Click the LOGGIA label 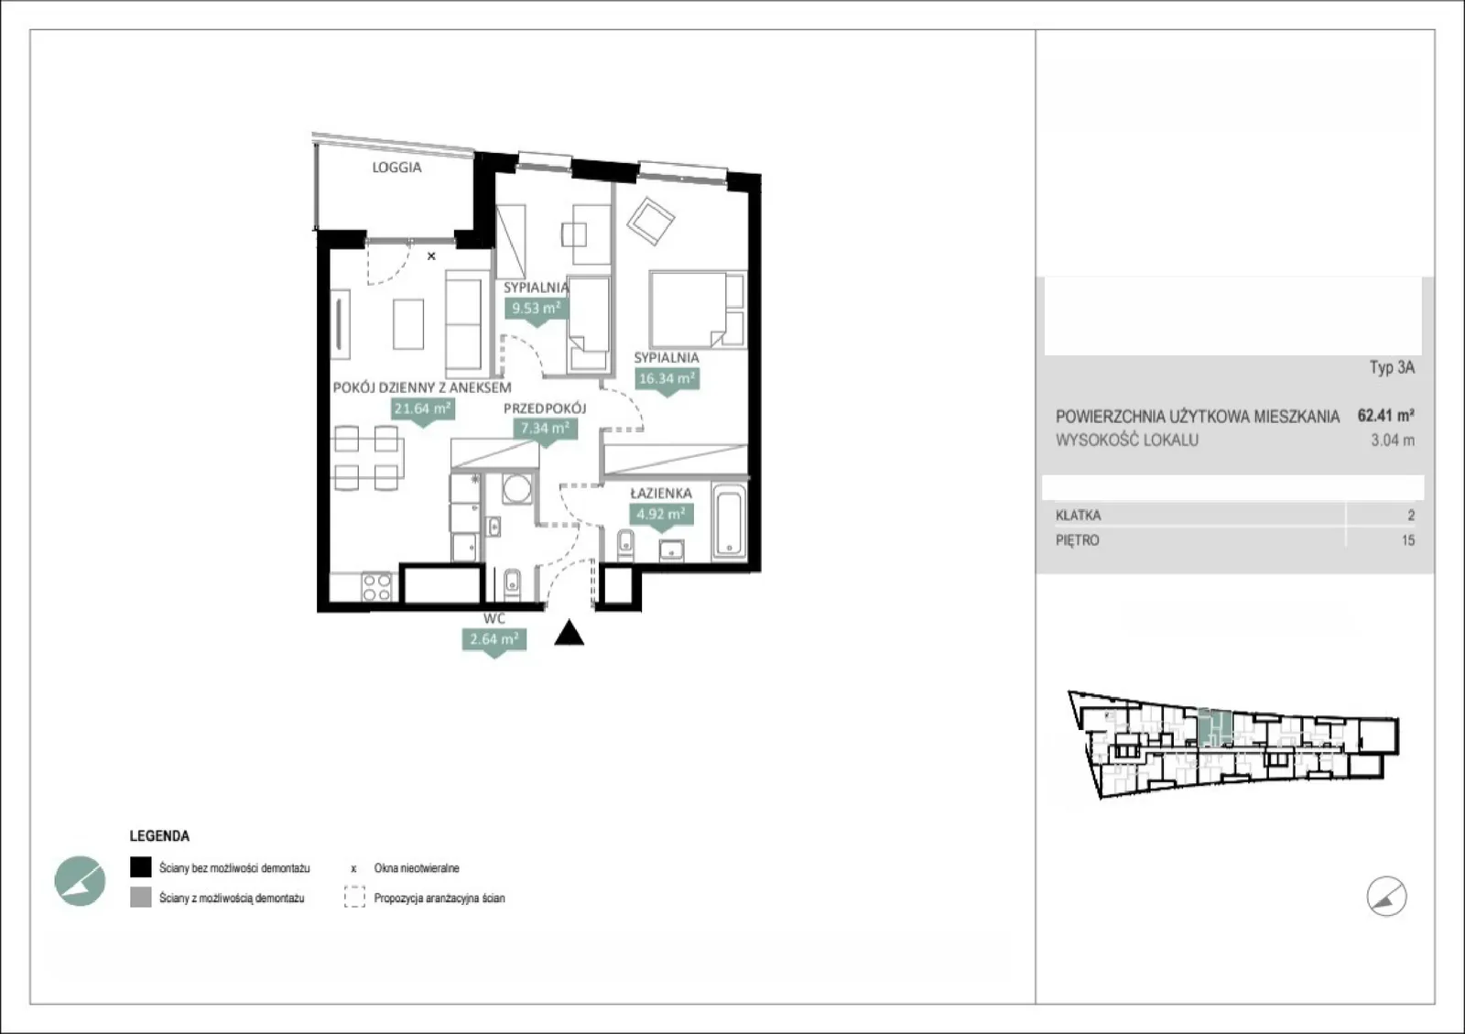point(396,168)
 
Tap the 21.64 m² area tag point(422,409)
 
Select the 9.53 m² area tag point(537,309)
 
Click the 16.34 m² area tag point(667,379)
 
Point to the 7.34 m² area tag point(545,429)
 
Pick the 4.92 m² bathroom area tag point(660,515)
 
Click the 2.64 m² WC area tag point(494,639)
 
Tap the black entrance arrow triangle point(569,633)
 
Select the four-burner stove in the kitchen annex point(376,587)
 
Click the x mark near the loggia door point(431,256)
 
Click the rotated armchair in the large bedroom point(650,221)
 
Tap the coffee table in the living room point(408,323)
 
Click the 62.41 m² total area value point(1386,415)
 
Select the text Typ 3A point(1392,367)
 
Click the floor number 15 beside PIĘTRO point(1408,541)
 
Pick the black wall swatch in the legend point(141,867)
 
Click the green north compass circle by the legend point(80,881)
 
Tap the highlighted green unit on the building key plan point(1215,727)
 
